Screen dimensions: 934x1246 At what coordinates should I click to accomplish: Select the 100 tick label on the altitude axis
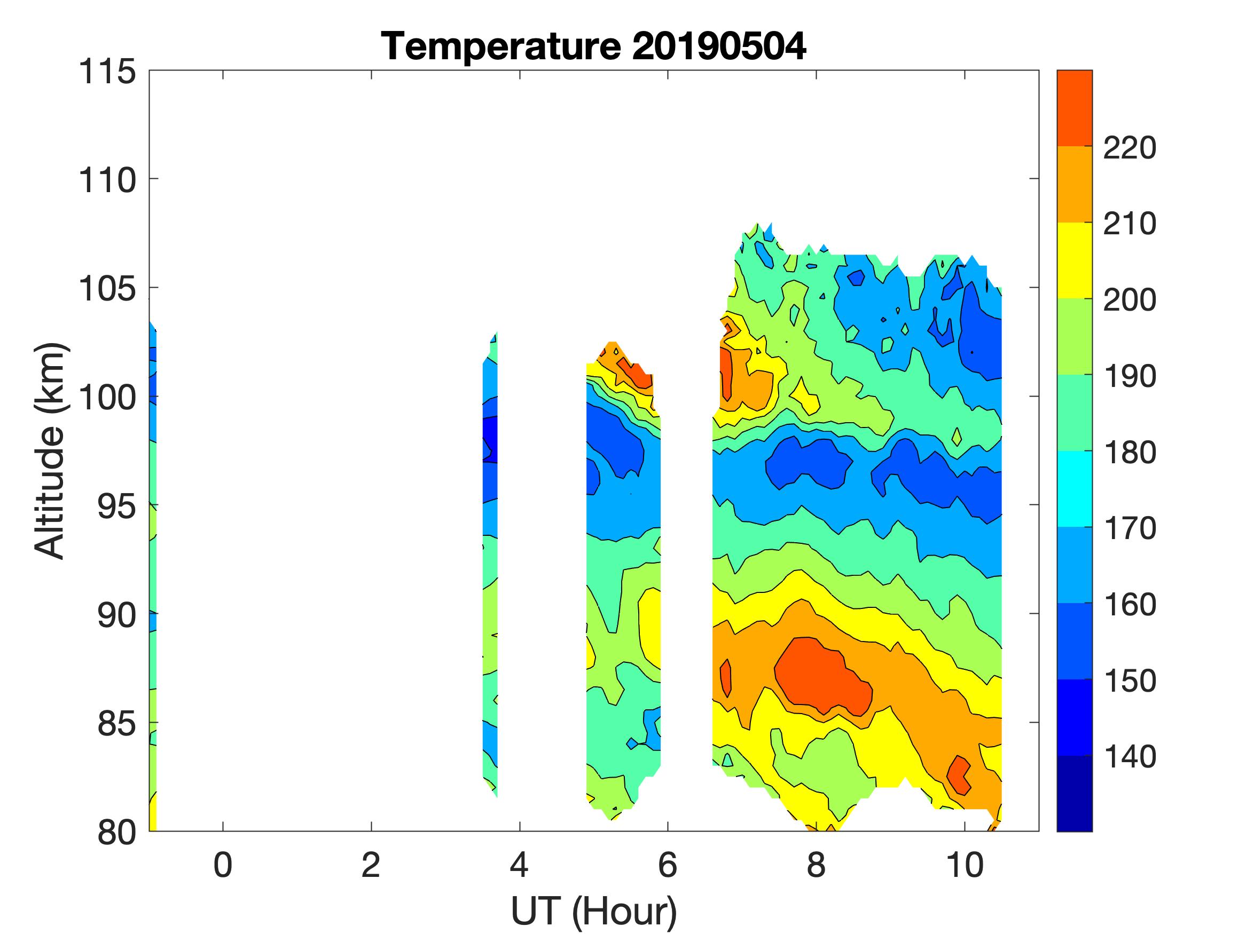(x=107, y=398)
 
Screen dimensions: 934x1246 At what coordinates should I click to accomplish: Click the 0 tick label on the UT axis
(x=223, y=865)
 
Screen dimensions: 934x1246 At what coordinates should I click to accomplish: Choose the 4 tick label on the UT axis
(x=519, y=865)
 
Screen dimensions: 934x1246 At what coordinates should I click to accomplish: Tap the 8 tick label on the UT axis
(x=816, y=865)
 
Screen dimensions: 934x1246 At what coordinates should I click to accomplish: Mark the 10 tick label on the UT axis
(x=965, y=865)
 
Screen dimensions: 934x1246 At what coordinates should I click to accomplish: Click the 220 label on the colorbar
(x=1130, y=148)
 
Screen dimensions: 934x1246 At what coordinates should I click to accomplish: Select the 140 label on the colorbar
(x=1130, y=757)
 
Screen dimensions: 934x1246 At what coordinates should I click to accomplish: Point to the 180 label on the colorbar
(x=1130, y=453)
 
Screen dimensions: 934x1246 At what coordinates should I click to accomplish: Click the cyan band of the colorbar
(x=1074, y=489)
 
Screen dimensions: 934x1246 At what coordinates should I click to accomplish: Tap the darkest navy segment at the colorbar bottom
(x=1074, y=793)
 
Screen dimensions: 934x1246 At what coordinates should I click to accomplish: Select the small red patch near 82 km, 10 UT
(x=958, y=775)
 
